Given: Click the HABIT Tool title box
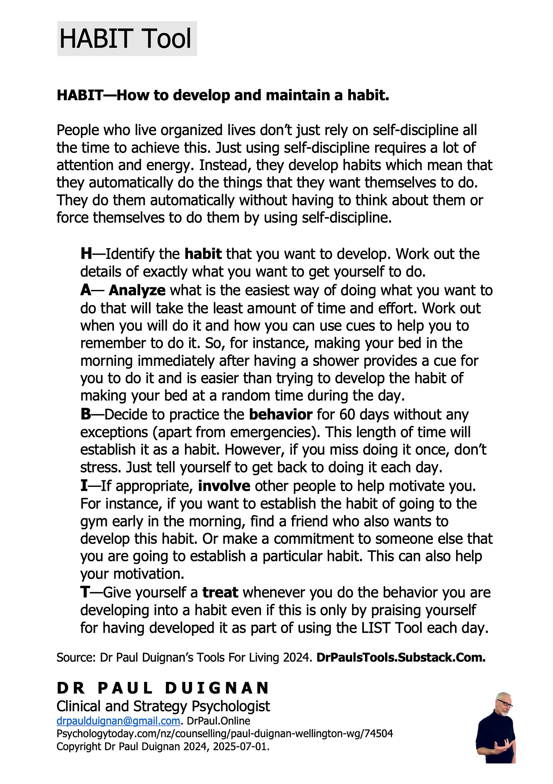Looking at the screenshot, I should click(127, 39).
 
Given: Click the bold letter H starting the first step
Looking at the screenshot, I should click(86, 254).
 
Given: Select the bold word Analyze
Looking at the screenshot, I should click(137, 291).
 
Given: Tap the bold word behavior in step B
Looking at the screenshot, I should click(281, 415).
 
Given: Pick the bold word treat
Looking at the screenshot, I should click(220, 592).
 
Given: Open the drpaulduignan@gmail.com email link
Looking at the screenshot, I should click(118, 721).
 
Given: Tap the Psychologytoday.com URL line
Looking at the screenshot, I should click(224, 734).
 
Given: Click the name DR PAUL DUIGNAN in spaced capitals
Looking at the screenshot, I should click(163, 688).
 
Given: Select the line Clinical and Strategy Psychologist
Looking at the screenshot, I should click(163, 707).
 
